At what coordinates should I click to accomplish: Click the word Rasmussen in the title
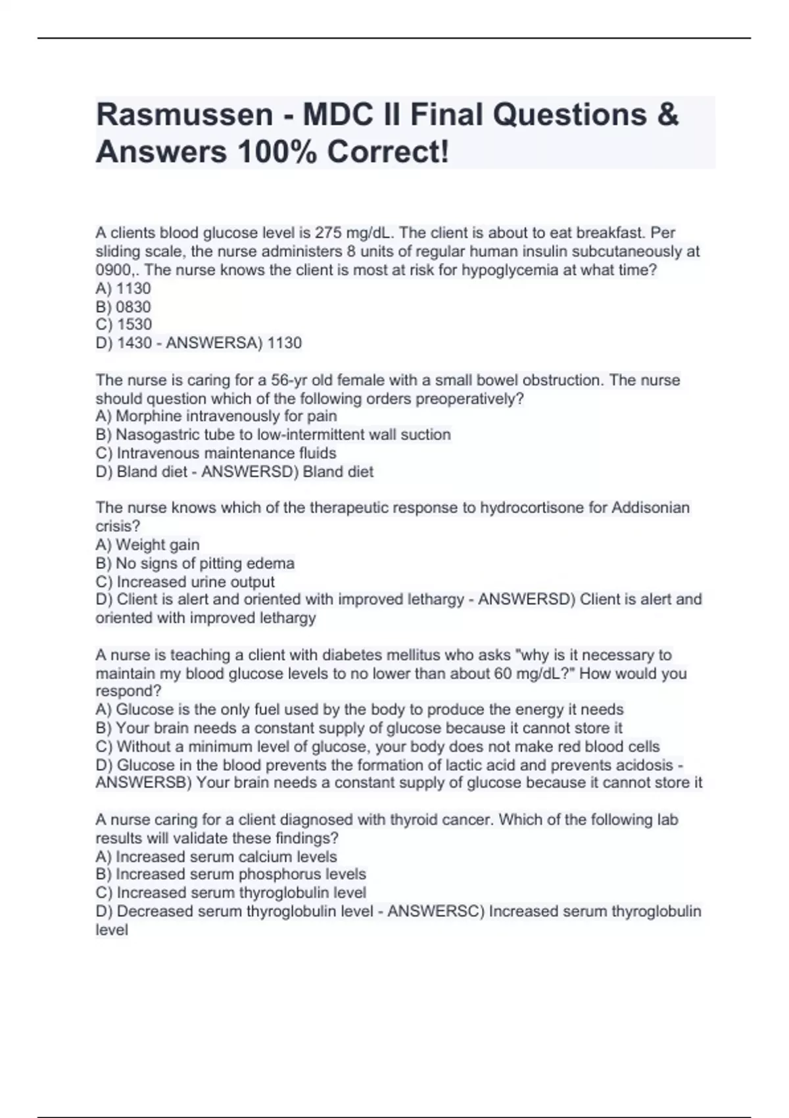pos(184,114)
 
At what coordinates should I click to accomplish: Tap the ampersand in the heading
pos(667,114)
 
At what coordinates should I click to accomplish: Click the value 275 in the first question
pos(328,233)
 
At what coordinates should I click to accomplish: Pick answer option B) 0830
pos(124,306)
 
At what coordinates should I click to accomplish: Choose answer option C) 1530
pos(124,324)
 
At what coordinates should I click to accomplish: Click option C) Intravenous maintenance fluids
pos(216,453)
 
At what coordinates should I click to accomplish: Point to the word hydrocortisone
pos(532,508)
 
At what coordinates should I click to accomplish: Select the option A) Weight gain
pos(147,545)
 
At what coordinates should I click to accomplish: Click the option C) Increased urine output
pos(185,581)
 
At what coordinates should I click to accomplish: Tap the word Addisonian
pos(650,508)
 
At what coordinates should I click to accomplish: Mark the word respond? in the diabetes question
pos(128,691)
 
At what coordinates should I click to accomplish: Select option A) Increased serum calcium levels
pos(216,856)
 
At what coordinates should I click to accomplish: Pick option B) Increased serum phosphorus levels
pos(231,874)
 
